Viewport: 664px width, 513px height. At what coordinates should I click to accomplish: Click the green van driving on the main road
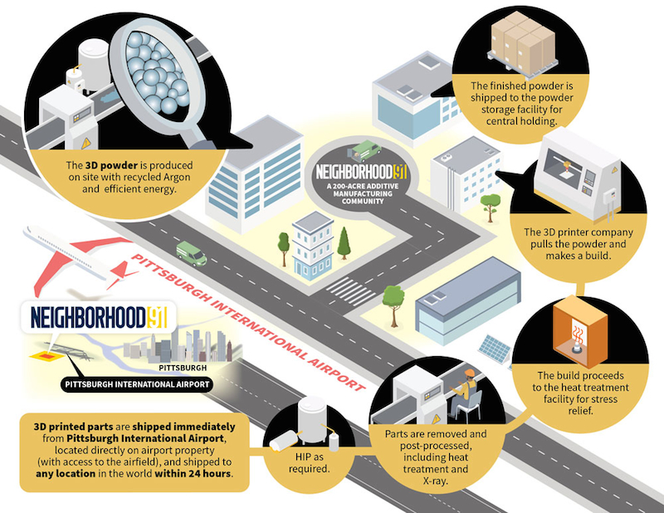192,253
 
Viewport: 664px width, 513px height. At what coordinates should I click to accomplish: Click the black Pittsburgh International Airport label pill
137,384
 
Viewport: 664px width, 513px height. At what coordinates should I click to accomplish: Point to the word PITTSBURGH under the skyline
183,368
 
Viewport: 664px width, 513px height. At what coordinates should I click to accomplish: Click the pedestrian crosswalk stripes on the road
350,291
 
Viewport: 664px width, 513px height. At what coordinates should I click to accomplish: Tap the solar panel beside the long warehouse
494,348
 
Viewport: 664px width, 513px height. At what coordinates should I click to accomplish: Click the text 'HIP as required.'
309,463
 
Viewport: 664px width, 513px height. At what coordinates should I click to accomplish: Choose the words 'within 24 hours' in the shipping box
193,473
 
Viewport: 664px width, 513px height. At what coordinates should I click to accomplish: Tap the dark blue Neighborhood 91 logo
99,318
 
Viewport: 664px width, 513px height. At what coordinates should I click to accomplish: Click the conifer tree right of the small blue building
344,243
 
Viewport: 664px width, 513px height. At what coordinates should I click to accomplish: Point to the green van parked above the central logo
364,151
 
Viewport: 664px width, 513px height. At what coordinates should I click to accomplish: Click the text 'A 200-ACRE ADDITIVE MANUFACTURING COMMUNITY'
363,193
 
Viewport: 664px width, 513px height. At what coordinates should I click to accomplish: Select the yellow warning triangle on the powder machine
86,143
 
